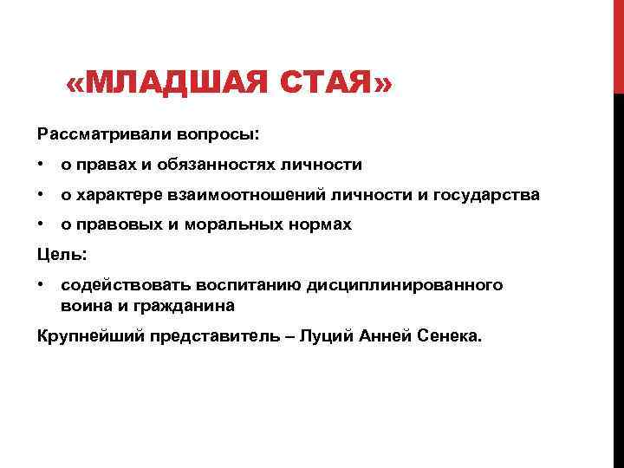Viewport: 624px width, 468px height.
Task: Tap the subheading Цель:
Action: [x=62, y=255]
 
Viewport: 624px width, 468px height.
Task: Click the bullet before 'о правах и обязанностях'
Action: [x=42, y=165]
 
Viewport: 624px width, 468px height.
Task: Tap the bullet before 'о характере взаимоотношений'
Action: [x=42, y=195]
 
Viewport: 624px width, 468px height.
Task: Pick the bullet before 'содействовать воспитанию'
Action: [x=42, y=285]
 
